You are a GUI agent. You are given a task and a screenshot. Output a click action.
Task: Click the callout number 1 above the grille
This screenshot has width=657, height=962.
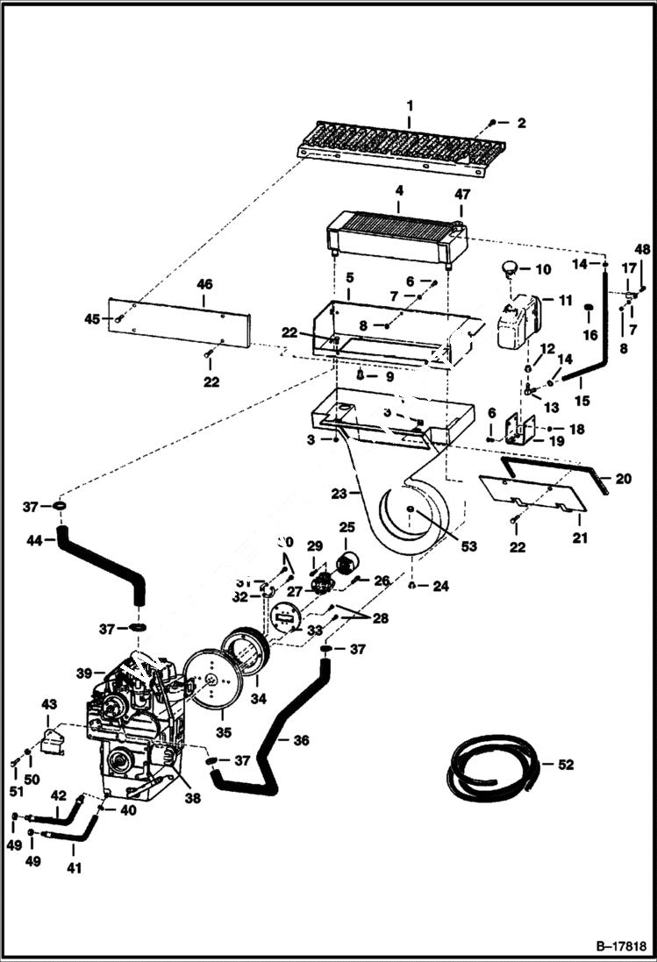[x=409, y=105]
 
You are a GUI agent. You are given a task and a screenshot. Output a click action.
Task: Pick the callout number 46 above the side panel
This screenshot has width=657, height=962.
[x=204, y=285]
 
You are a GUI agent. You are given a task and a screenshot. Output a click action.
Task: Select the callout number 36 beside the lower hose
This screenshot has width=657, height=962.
[x=301, y=741]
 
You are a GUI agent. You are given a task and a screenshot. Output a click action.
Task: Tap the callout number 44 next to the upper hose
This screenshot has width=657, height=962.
[x=34, y=541]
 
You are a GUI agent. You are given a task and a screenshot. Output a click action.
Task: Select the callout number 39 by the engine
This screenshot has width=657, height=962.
[x=84, y=673]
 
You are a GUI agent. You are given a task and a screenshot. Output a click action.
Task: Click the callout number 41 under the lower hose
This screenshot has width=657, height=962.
[x=74, y=869]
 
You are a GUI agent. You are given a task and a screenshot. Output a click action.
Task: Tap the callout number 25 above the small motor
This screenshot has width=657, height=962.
[x=346, y=528]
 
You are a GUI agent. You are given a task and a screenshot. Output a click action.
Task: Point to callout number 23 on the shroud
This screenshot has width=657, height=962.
[x=339, y=493]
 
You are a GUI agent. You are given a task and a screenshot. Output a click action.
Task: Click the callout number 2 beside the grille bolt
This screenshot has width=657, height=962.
[x=521, y=124]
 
